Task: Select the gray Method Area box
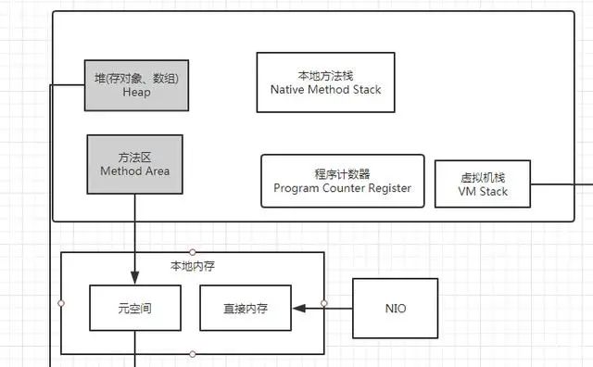(x=135, y=164)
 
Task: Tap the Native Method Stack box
(x=325, y=82)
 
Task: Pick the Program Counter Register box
(x=342, y=181)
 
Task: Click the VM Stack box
(x=483, y=183)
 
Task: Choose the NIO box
(x=395, y=308)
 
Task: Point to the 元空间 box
(x=134, y=308)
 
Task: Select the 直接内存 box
(x=246, y=308)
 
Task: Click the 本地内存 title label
(x=193, y=266)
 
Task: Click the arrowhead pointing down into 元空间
(x=135, y=278)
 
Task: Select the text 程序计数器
(x=342, y=173)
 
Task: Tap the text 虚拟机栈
(x=483, y=176)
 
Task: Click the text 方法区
(x=135, y=157)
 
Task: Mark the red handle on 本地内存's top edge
(x=193, y=251)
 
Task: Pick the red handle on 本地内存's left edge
(x=61, y=302)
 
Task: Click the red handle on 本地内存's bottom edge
(x=193, y=354)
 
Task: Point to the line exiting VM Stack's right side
(x=561, y=183)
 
